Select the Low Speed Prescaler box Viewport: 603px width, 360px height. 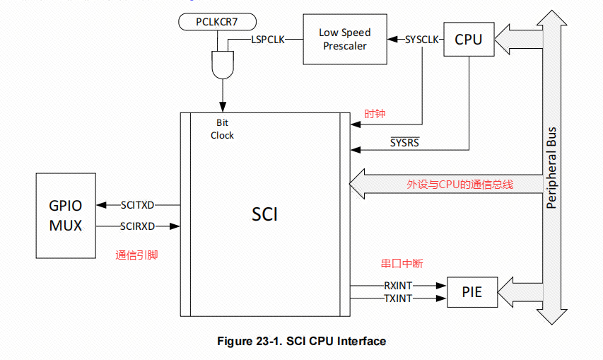tap(345, 39)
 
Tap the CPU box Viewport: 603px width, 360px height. tap(469, 40)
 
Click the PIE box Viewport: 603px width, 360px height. tap(472, 291)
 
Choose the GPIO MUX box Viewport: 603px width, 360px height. tap(65, 216)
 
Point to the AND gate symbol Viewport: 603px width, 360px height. tap(223, 65)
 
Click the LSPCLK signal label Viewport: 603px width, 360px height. tap(268, 40)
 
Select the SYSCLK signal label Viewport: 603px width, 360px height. tap(423, 40)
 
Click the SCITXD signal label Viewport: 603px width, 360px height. tap(137, 204)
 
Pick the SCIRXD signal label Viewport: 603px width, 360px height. tap(137, 226)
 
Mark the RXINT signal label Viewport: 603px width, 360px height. tap(398, 285)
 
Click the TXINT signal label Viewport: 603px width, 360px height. tap(398, 298)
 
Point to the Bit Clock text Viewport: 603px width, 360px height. tap(222, 129)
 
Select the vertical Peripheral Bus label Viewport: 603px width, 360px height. tap(551, 168)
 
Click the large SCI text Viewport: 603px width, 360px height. tap(265, 213)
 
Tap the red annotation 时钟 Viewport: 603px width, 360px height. tap(375, 114)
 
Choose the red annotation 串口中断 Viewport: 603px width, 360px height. tap(402, 263)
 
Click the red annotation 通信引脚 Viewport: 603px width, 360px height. tap(136, 255)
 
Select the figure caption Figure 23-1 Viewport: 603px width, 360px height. tap(301, 342)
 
